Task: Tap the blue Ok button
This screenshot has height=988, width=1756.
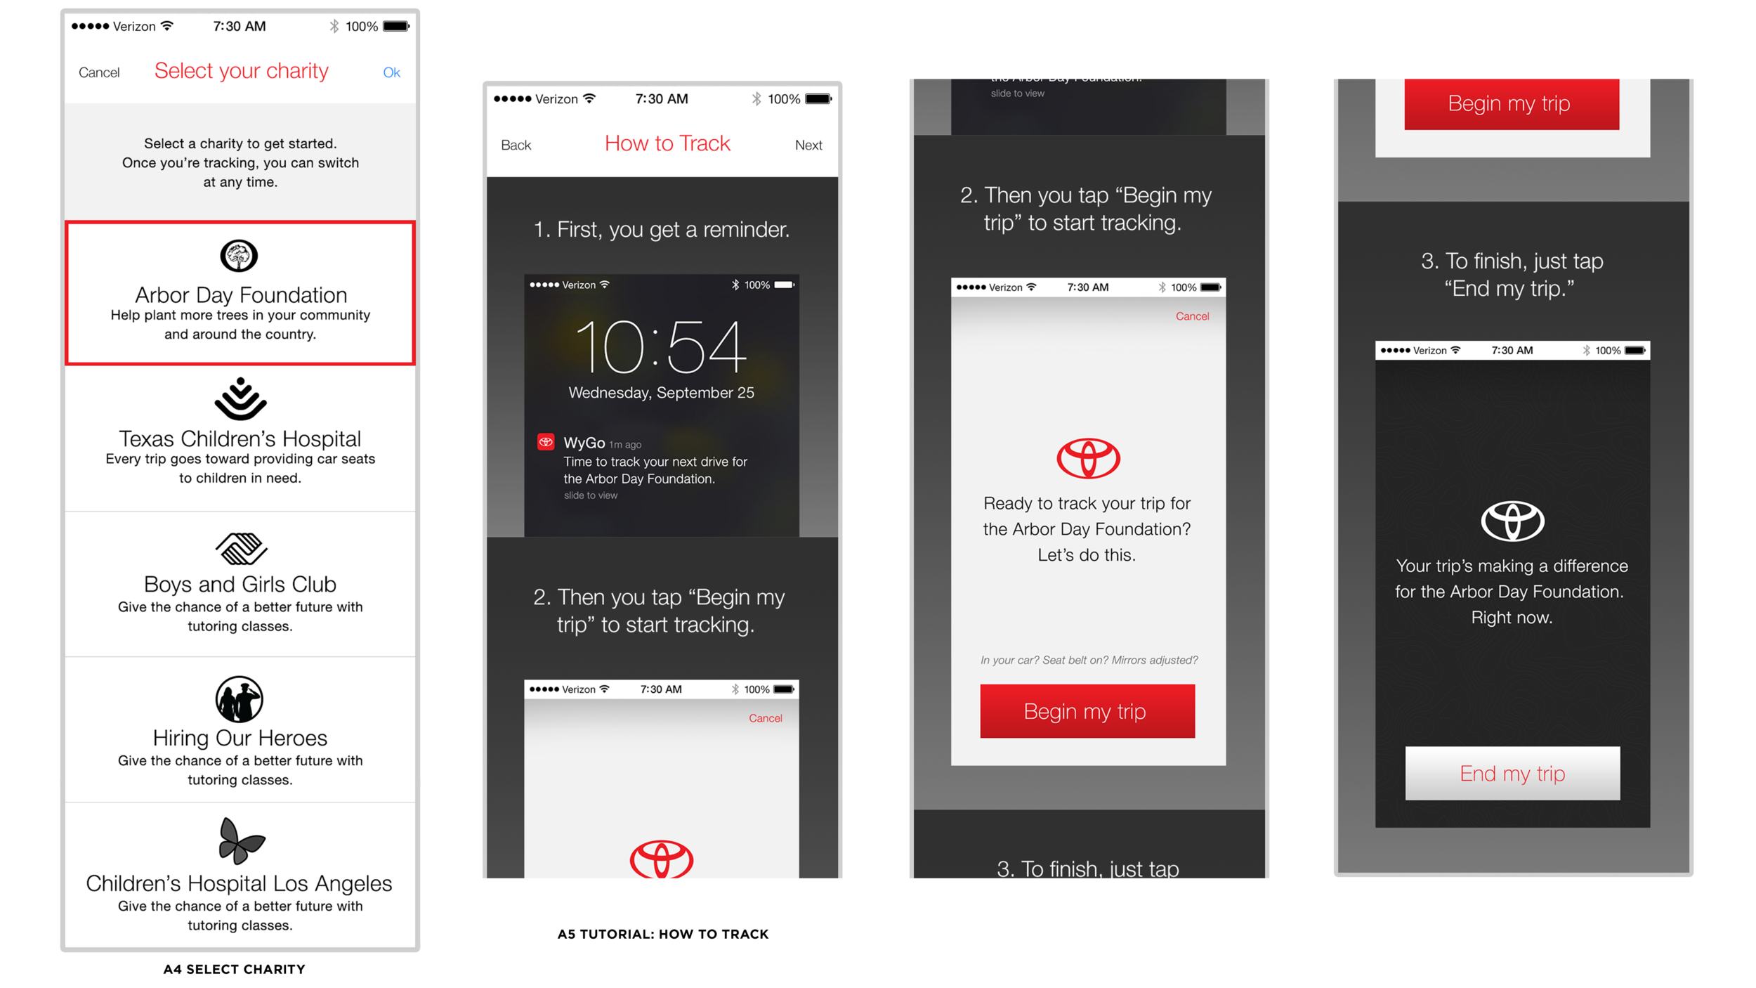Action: [x=391, y=72]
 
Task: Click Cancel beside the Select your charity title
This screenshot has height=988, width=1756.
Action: [x=99, y=72]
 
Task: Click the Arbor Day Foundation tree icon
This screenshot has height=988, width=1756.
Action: [x=239, y=256]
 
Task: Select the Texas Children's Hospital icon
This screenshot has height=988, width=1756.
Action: [x=240, y=399]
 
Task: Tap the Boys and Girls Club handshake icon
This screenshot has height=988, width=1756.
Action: [x=241, y=548]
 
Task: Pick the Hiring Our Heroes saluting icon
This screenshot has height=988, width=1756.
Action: [x=239, y=699]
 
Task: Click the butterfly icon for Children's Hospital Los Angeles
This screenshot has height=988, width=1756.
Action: [x=241, y=840]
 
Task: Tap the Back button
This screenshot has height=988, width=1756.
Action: [x=516, y=145]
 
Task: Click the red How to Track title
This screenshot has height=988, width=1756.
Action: [x=667, y=143]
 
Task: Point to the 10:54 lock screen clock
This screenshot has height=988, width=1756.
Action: [x=660, y=346]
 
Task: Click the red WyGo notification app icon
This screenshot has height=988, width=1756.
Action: [x=546, y=442]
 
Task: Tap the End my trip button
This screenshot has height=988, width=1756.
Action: [x=1512, y=773]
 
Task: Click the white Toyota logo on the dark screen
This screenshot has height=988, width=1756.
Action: [x=1512, y=521]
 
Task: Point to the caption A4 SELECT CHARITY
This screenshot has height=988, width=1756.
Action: [x=234, y=970]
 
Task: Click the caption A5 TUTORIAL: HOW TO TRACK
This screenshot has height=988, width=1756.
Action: [x=663, y=935]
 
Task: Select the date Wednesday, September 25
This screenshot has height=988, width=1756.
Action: [x=661, y=393]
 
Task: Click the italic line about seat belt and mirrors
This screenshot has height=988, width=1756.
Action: [x=1089, y=660]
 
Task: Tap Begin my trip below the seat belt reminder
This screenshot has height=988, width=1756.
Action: [x=1087, y=711]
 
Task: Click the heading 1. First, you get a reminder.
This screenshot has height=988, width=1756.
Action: [x=662, y=229]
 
